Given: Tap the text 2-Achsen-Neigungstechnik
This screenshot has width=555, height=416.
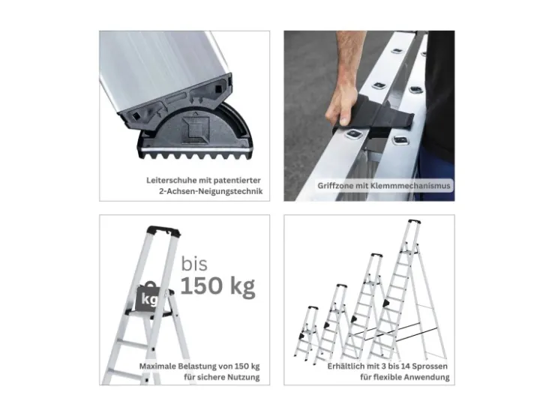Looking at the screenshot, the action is [x=211, y=192].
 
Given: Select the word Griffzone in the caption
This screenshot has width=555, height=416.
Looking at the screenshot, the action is [x=333, y=186].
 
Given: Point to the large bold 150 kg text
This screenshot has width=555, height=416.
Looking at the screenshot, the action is [x=218, y=286].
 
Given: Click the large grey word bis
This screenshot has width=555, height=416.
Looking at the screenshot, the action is [x=194, y=264].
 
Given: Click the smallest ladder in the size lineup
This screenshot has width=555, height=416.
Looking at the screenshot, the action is [x=307, y=332].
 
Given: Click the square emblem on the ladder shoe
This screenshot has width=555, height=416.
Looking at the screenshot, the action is [x=195, y=130].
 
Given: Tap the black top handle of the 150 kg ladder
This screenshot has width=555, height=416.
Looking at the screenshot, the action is [x=163, y=231].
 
